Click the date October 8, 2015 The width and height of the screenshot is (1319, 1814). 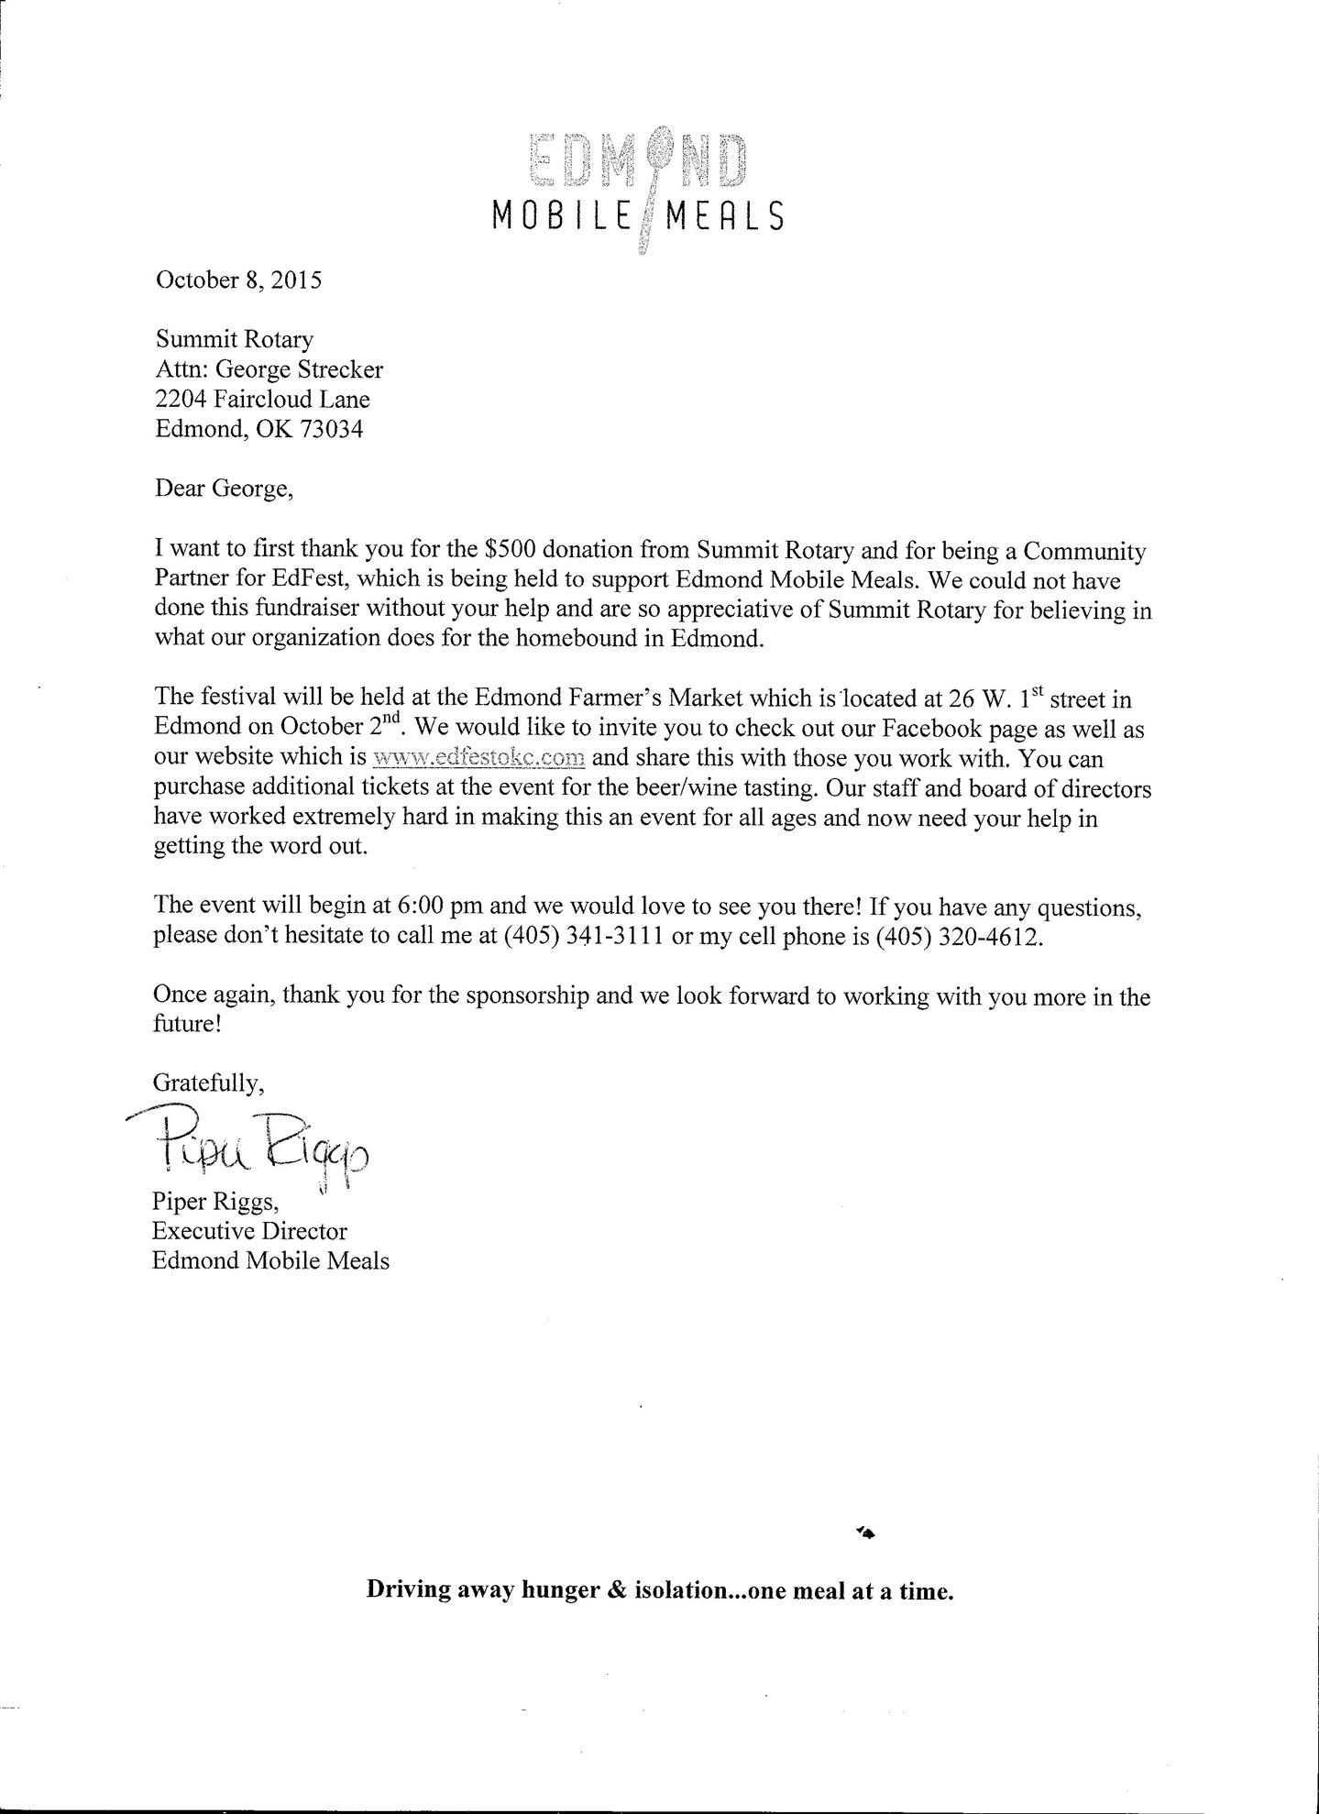pos(238,279)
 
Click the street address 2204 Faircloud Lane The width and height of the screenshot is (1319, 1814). pos(262,399)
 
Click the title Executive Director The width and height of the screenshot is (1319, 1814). pos(249,1230)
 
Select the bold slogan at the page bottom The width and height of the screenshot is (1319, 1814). pos(660,1589)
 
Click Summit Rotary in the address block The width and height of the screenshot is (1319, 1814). pos(235,339)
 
